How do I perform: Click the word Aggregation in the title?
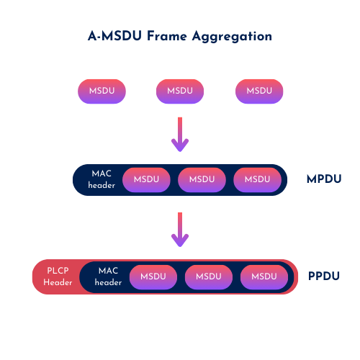[x=232, y=37]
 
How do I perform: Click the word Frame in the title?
[x=167, y=36]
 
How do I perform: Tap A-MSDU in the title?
[x=114, y=36]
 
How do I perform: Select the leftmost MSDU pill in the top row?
[x=102, y=91]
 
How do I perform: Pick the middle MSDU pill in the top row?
[x=180, y=91]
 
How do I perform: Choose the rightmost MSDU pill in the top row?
[x=259, y=91]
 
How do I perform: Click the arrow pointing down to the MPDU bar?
[x=180, y=135]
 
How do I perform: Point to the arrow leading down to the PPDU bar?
[x=180, y=230]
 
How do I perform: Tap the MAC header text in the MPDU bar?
[x=102, y=179]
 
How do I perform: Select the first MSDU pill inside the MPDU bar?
[x=146, y=180]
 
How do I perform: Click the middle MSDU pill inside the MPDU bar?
[x=202, y=180]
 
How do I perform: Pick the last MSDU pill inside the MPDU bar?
[x=257, y=180]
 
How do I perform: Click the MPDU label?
[x=324, y=179]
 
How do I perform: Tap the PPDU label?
[x=324, y=276]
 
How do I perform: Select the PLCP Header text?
[x=58, y=276]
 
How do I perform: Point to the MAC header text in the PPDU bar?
[x=108, y=276]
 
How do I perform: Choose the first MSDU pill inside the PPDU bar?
[x=153, y=277]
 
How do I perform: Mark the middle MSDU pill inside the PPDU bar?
[x=209, y=277]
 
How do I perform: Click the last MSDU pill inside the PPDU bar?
[x=264, y=277]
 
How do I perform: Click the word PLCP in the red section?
[x=58, y=271]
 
